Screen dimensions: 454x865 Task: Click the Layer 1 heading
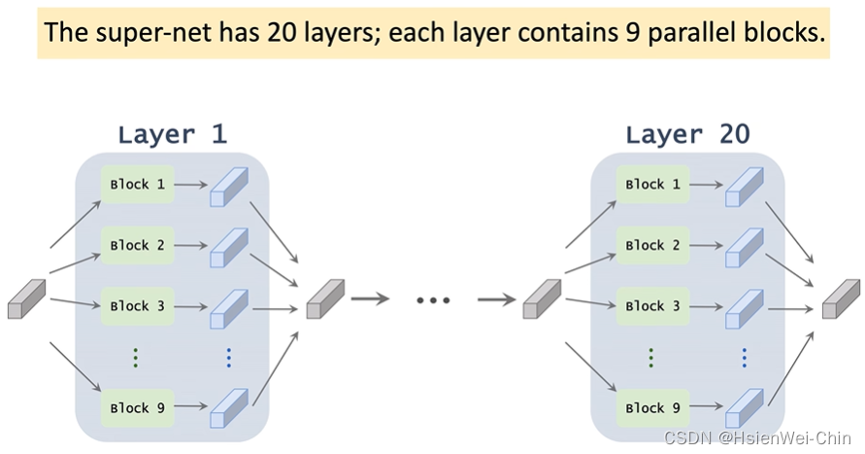point(172,134)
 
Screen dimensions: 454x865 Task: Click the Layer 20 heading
point(687,134)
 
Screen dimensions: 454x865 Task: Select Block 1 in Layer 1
point(136,185)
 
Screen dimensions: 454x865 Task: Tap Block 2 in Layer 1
point(136,245)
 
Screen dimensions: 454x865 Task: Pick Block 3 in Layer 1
point(136,305)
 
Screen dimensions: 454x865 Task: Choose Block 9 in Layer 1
point(136,407)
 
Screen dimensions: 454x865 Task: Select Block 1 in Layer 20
point(651,185)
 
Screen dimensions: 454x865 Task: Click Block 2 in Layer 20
point(651,245)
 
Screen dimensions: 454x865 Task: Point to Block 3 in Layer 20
point(651,305)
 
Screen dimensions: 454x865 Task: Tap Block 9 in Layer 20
point(651,407)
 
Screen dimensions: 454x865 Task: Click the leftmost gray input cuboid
point(26,299)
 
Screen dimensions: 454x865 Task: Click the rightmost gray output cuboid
point(841,299)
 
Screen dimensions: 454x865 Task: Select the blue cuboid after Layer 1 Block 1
point(229,187)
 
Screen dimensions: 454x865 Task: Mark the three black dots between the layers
point(433,300)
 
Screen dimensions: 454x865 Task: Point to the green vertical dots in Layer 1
point(136,357)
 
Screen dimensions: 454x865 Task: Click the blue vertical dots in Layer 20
point(744,357)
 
